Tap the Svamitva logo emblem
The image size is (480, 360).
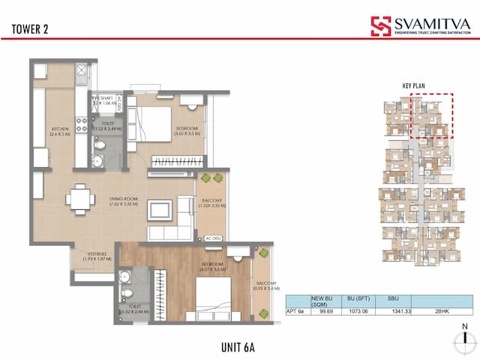pos(381,26)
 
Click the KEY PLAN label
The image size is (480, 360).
pos(413,86)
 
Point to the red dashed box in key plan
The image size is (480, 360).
pos(431,116)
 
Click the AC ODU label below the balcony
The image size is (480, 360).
pos(212,238)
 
